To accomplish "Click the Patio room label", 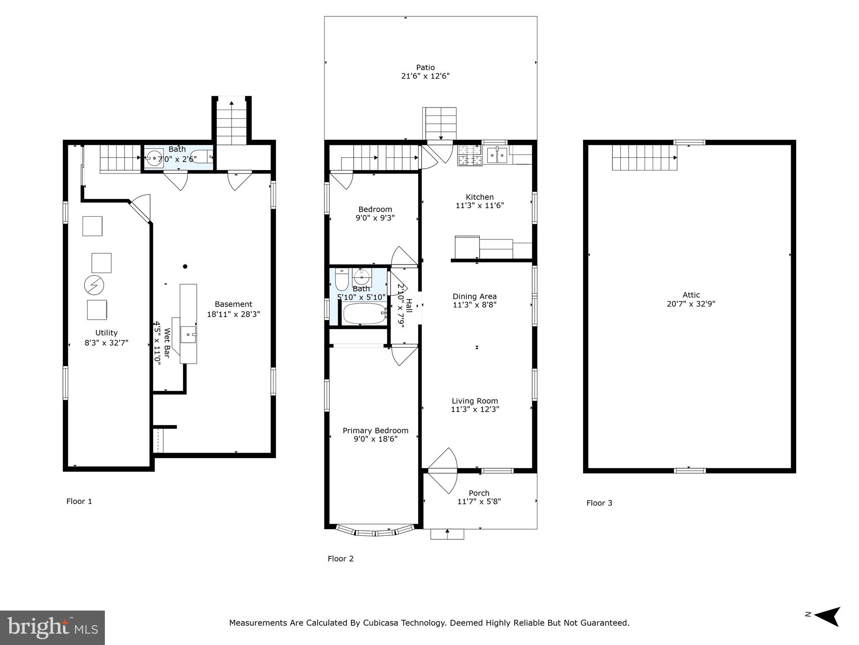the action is (425, 67).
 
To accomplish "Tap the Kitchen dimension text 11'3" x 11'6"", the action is (480, 205).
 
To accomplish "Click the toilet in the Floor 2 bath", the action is (341, 279).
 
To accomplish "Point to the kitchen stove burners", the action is (470, 155).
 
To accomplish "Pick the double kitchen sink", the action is (497, 155).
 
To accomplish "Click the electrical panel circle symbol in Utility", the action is (94, 286).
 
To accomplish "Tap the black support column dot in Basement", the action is (185, 266).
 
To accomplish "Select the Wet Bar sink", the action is (189, 335).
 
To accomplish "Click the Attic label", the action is (691, 295).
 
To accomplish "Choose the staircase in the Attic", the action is (645, 157).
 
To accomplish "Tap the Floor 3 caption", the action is (599, 503).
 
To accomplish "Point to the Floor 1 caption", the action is (79, 501).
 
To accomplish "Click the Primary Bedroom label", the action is (375, 430).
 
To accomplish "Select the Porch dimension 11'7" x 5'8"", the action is (479, 501).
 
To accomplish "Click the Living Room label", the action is (475, 401).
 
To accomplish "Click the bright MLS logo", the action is (52, 628).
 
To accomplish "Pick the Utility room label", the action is (107, 333).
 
